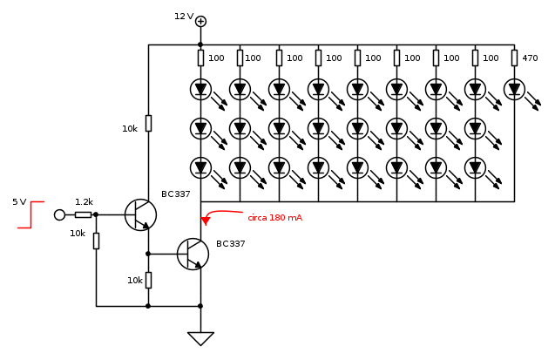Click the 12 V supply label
click(x=183, y=17)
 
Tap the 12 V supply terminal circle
click(x=200, y=21)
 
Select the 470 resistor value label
click(x=530, y=58)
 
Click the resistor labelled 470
click(x=514, y=58)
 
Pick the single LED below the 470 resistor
click(x=514, y=89)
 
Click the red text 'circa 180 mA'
click(x=274, y=218)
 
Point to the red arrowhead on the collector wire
click(x=205, y=221)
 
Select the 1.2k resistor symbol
click(x=83, y=214)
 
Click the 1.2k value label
click(x=84, y=201)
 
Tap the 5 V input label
click(x=19, y=202)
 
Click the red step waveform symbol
click(x=30, y=214)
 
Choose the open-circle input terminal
click(x=59, y=214)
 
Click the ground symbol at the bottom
click(x=200, y=338)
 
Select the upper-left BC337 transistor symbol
click(x=139, y=214)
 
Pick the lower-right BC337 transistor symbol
click(x=192, y=254)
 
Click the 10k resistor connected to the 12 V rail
click(x=148, y=123)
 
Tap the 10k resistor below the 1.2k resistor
click(x=96, y=241)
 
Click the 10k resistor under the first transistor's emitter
click(x=148, y=280)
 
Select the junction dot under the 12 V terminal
click(x=200, y=44)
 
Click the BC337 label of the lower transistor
click(x=231, y=244)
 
